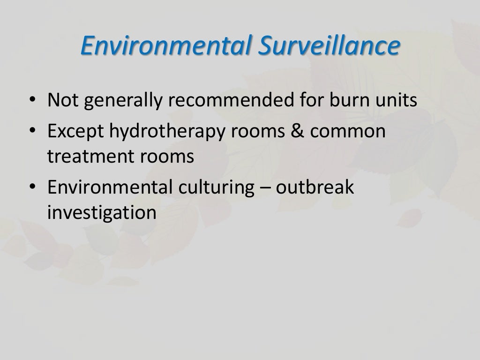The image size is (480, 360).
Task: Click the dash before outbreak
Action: pyautogui.click(x=265, y=188)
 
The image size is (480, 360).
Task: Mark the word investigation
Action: pyautogui.click(x=101, y=212)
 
